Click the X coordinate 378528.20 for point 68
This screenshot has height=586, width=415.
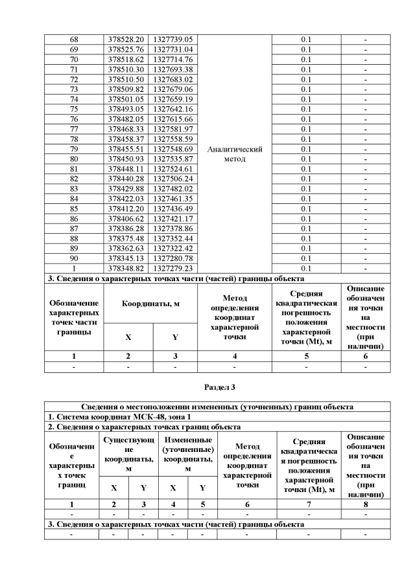tap(128, 39)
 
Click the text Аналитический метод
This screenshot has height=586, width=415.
tap(234, 154)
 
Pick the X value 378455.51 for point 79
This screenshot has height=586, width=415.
tap(128, 150)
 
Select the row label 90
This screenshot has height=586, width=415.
tap(73, 259)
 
